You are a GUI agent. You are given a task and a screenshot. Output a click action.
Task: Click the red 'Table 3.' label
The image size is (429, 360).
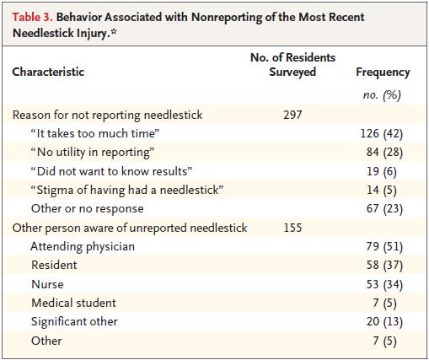point(32,18)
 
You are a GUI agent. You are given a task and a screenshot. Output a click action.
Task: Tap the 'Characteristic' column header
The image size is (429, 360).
point(48,72)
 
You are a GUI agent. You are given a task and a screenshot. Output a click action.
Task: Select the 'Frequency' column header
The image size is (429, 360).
point(383,73)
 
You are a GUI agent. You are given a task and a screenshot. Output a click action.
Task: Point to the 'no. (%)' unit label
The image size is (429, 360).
point(382,95)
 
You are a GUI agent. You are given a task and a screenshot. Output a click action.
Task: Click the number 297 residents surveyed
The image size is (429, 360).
point(292,115)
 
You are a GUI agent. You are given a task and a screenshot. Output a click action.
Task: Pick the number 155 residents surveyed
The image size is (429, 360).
point(292,228)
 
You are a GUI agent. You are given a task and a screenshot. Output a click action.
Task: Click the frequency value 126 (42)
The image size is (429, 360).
point(382,134)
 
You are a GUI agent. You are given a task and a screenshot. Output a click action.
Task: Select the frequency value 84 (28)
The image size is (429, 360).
point(384,153)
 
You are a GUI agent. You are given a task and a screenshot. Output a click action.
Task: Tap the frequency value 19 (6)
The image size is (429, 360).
point(382,171)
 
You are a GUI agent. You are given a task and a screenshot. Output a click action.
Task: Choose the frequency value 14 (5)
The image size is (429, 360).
point(382,191)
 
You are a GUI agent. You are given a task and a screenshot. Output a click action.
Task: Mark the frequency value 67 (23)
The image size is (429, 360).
point(384,209)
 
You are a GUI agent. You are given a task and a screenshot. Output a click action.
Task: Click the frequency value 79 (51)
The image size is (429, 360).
point(384,247)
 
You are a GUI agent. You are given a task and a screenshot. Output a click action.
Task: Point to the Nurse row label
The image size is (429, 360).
point(47,284)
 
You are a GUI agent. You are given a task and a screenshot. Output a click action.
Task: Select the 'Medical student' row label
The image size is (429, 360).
point(73,303)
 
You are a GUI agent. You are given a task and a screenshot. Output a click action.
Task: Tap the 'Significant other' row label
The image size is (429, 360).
point(74,322)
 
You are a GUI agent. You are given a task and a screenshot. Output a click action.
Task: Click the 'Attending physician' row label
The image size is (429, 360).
point(83,247)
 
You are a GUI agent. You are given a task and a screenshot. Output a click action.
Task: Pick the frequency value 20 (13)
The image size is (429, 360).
point(384,322)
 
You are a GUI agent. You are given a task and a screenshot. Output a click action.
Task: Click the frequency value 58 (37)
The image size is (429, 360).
point(384,266)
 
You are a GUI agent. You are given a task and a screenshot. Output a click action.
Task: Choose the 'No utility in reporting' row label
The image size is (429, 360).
point(93,153)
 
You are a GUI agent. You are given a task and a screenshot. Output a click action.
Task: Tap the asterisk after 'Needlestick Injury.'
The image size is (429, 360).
point(113,31)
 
